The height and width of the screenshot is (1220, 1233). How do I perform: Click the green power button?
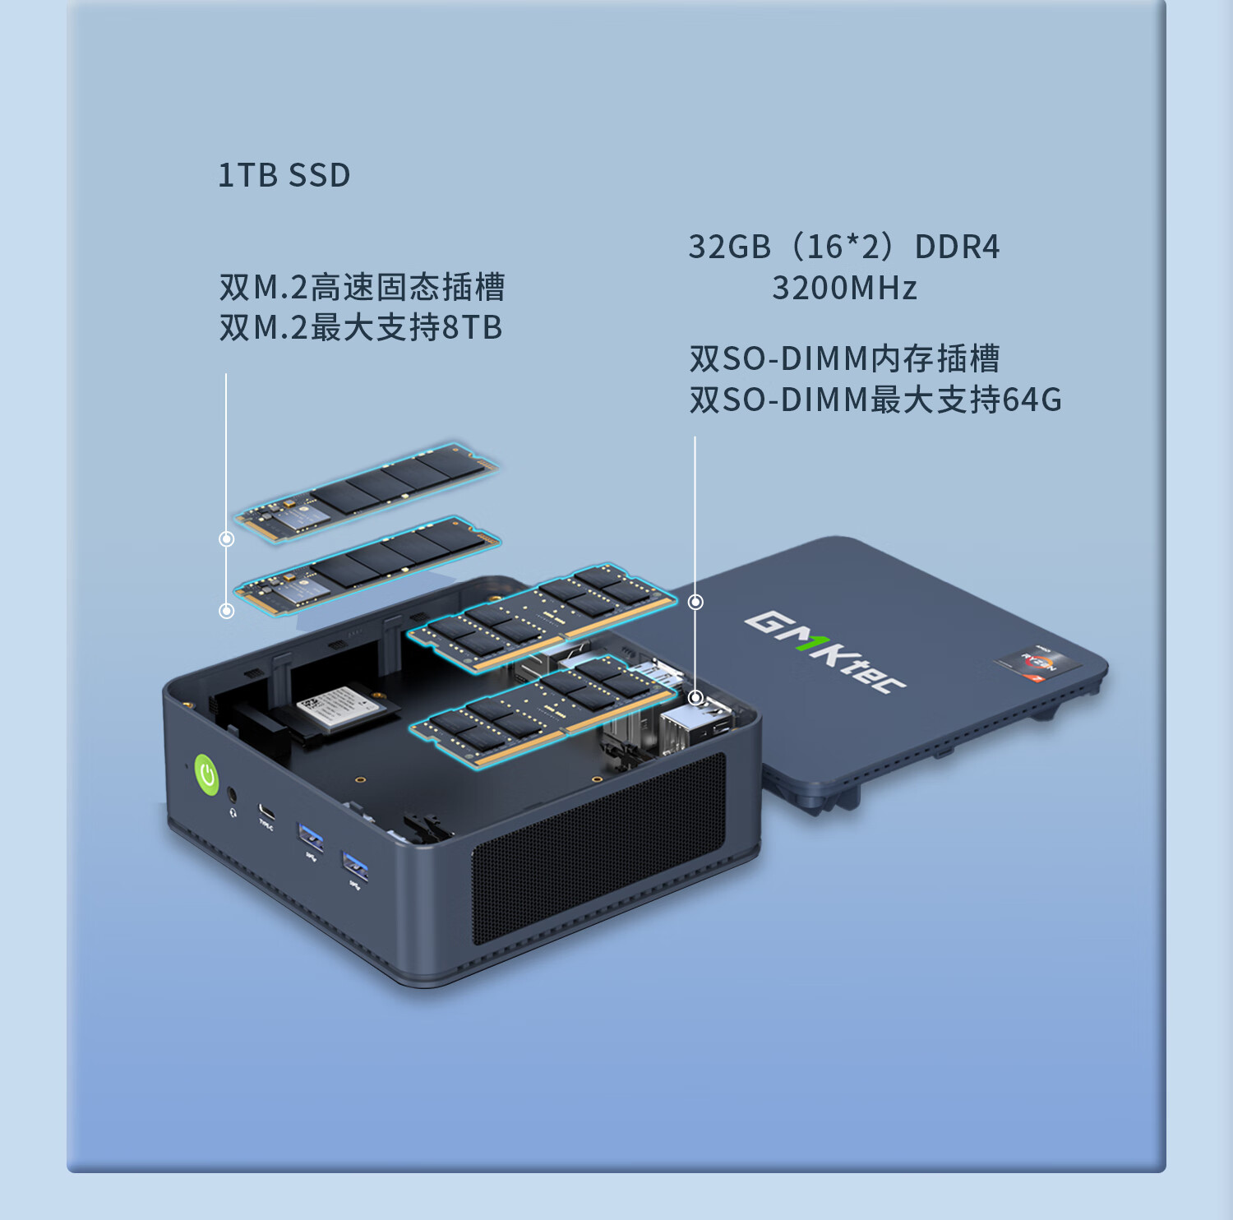pos(206,774)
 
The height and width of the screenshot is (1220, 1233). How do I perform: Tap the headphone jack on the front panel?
pos(232,795)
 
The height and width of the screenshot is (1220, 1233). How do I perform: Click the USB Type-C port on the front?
pos(266,811)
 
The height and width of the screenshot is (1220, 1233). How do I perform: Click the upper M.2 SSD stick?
pos(367,492)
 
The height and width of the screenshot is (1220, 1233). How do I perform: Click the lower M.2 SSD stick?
pos(367,566)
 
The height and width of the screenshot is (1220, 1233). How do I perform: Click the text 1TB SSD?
pos(284,176)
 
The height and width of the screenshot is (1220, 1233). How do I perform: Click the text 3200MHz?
pos(844,289)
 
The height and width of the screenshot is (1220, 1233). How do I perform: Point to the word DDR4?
pos(957,247)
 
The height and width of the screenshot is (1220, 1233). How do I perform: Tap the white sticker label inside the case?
pos(337,706)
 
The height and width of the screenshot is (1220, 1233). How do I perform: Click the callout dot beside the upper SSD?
pos(227,539)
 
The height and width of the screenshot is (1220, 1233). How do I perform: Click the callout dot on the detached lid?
pos(695,603)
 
